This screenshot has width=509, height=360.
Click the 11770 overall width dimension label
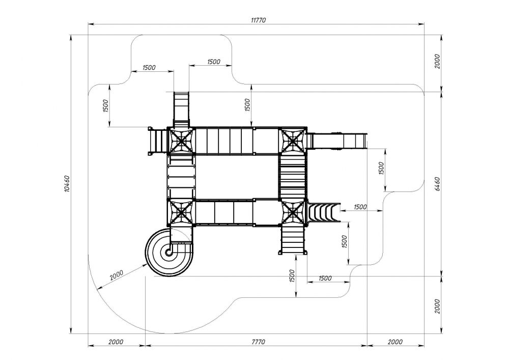(x=258, y=20)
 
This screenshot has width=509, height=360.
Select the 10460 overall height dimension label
(x=67, y=184)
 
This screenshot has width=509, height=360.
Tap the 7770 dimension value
(x=258, y=342)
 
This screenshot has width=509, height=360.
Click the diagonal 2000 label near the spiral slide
(x=117, y=275)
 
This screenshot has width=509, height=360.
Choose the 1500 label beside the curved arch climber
(x=360, y=207)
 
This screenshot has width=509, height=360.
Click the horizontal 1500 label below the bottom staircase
(x=325, y=278)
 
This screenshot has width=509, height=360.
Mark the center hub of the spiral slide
(x=168, y=252)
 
